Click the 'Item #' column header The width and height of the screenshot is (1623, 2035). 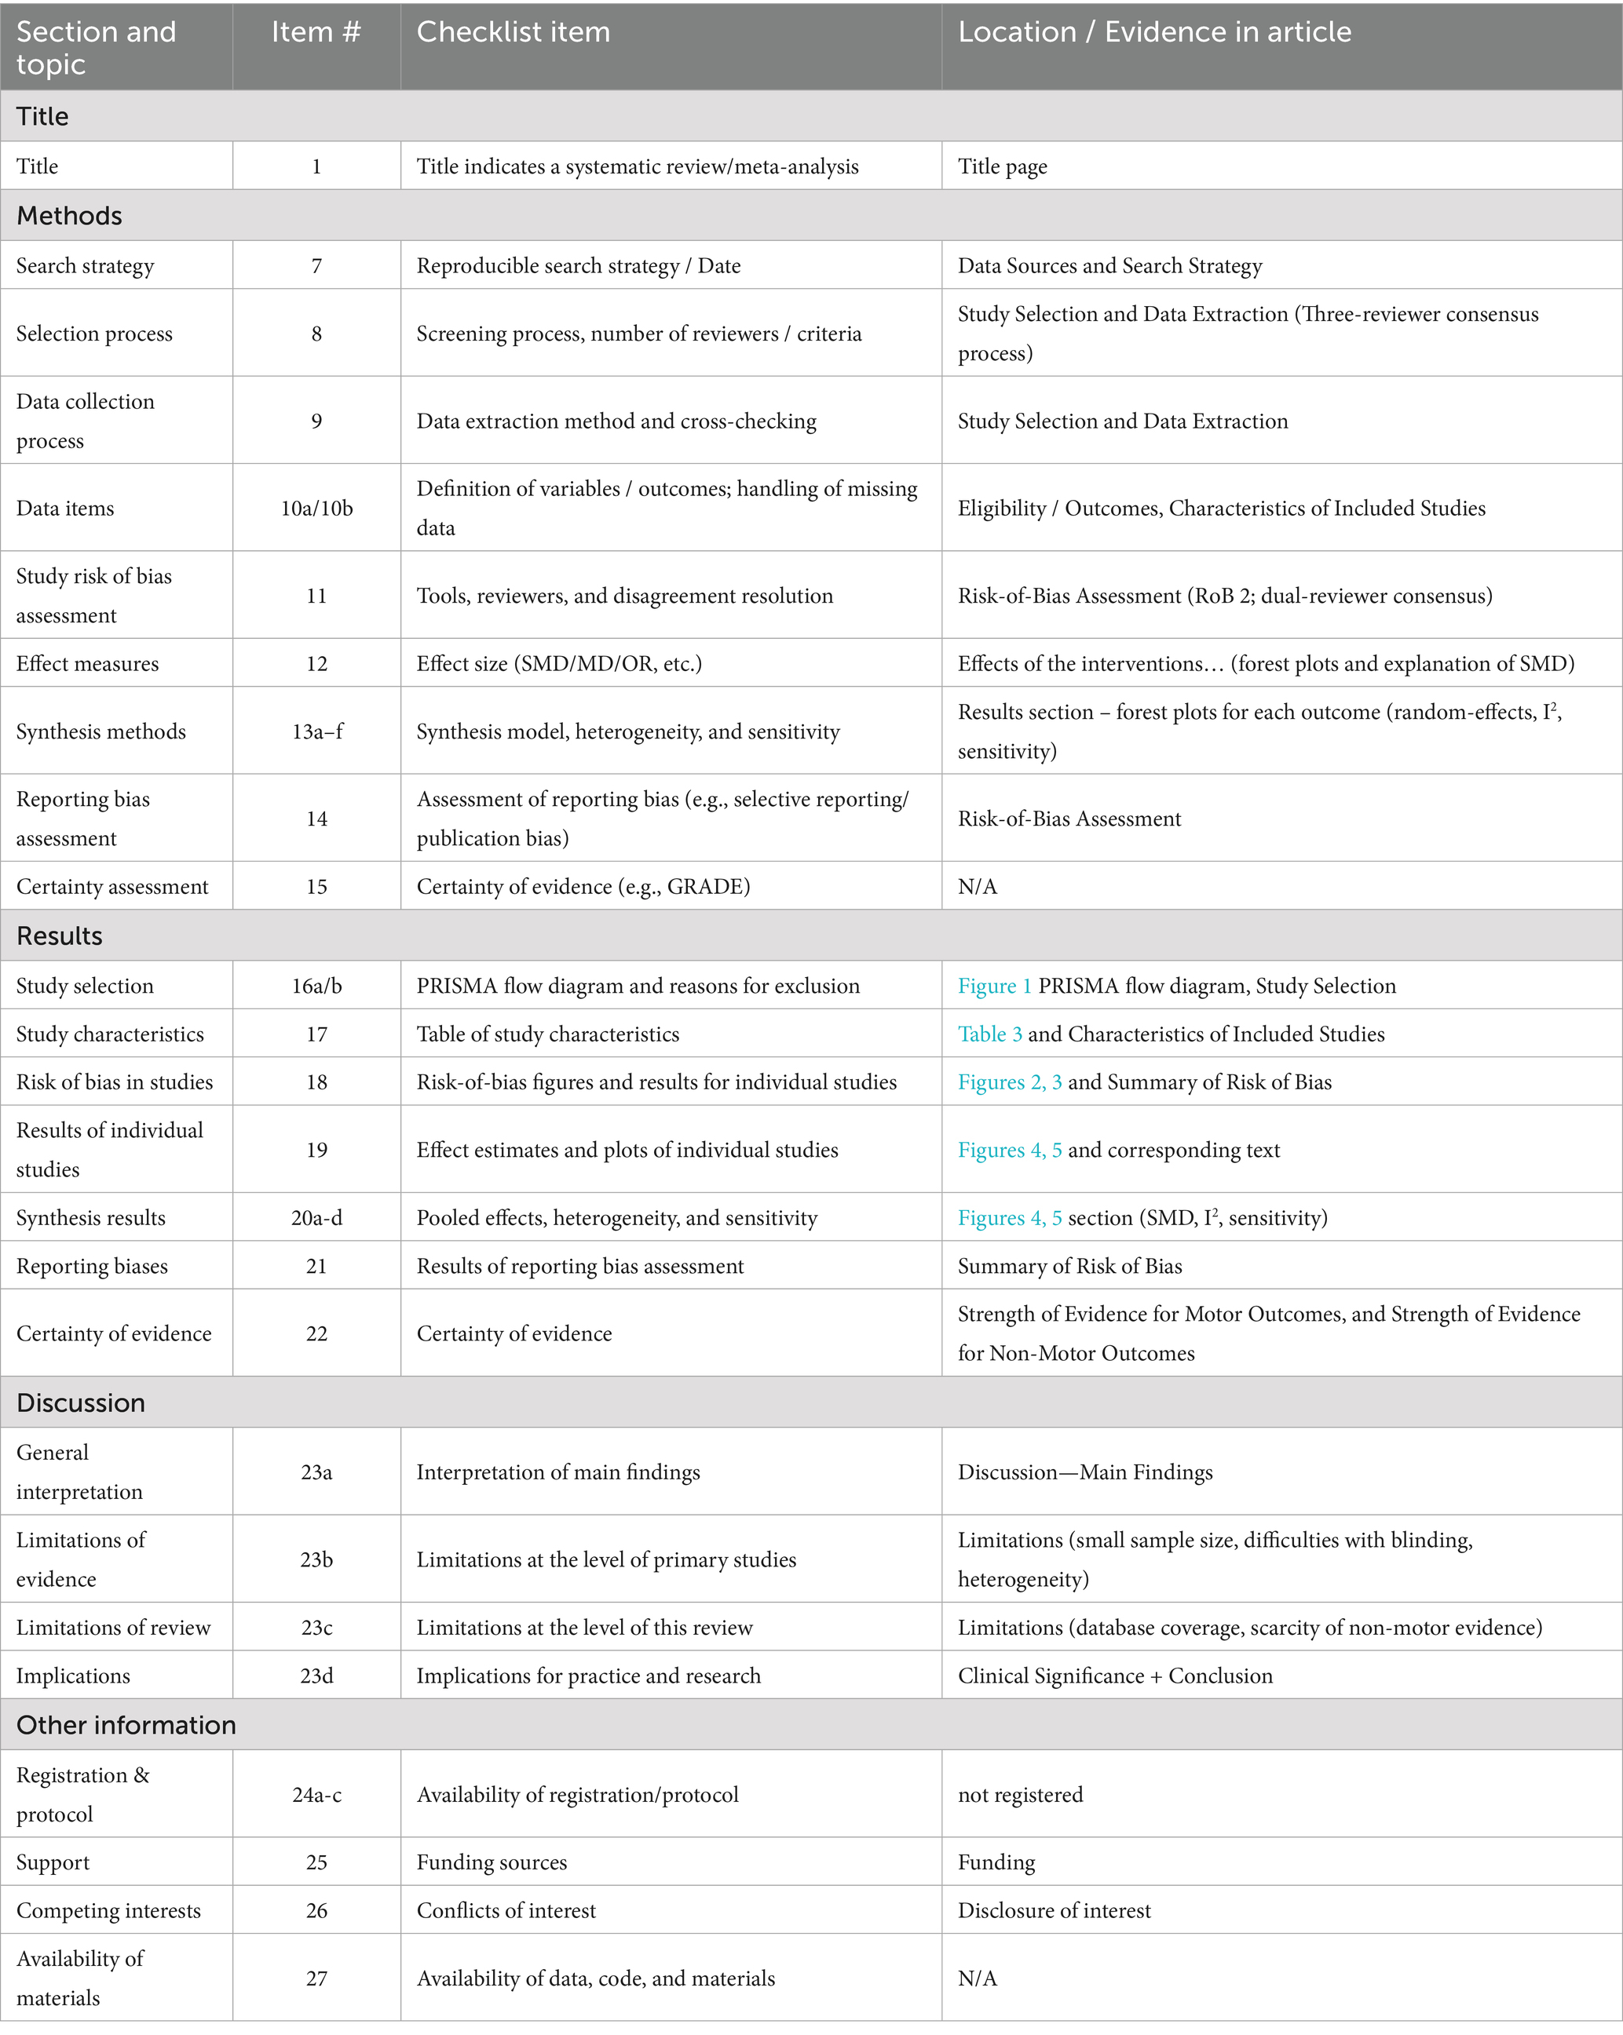point(316,33)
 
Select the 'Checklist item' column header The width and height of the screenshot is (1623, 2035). point(513,33)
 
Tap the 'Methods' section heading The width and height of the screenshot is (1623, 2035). point(69,215)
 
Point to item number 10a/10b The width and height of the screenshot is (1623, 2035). point(316,508)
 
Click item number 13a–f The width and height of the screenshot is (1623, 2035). point(316,731)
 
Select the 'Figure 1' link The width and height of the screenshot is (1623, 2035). point(994,986)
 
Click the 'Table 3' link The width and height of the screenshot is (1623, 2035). point(989,1034)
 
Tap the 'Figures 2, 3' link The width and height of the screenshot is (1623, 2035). point(1009,1081)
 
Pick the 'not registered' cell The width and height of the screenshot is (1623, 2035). point(1020,1794)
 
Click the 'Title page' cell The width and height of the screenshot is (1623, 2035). point(1002,166)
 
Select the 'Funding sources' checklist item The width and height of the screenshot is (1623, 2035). point(492,1862)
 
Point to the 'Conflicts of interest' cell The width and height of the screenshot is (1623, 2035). point(506,1910)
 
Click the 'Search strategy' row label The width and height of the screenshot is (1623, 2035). point(85,265)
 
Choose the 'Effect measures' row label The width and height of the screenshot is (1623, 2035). point(87,663)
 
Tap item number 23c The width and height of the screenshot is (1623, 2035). point(316,1627)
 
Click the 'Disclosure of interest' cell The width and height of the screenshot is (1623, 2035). point(1054,1910)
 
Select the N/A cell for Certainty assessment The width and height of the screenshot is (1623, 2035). point(978,886)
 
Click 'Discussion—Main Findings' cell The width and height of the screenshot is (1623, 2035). point(1085,1472)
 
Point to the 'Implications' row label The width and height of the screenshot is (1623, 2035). point(73,1676)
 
